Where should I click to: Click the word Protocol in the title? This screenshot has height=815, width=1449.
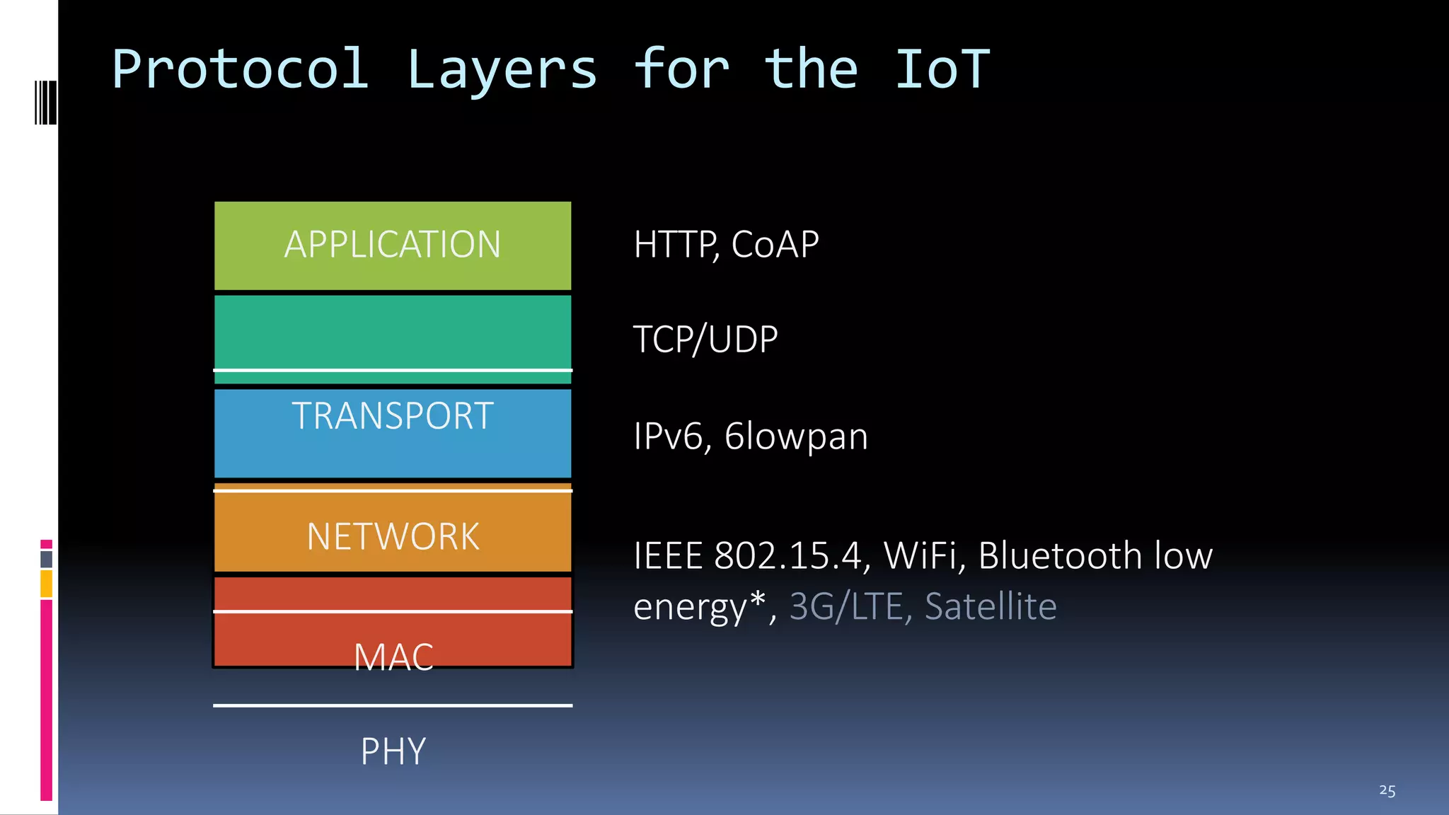[x=241, y=69]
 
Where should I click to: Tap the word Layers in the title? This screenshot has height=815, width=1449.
[x=502, y=69]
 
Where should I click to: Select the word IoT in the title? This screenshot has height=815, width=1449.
[x=942, y=69]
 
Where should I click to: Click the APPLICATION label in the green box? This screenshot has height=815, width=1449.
[x=393, y=245]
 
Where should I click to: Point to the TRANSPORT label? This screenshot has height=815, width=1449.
[x=393, y=415]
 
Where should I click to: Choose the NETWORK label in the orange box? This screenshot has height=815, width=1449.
[x=393, y=536]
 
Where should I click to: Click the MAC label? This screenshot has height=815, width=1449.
[x=393, y=657]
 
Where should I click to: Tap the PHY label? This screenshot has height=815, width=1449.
[x=393, y=751]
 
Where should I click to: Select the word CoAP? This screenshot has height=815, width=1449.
[x=775, y=245]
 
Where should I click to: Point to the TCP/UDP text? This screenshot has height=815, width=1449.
[x=705, y=340]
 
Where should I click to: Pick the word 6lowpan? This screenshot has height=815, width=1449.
[x=796, y=436]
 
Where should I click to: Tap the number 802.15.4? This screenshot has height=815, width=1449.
[x=788, y=556]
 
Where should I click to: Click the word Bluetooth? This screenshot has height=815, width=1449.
[x=1060, y=556]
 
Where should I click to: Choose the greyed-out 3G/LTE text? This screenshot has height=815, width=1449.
[x=845, y=606]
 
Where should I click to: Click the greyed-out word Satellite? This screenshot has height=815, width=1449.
[x=991, y=606]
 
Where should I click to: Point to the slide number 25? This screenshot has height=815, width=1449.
[x=1387, y=790]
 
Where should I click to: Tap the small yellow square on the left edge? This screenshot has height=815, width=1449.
[x=46, y=584]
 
